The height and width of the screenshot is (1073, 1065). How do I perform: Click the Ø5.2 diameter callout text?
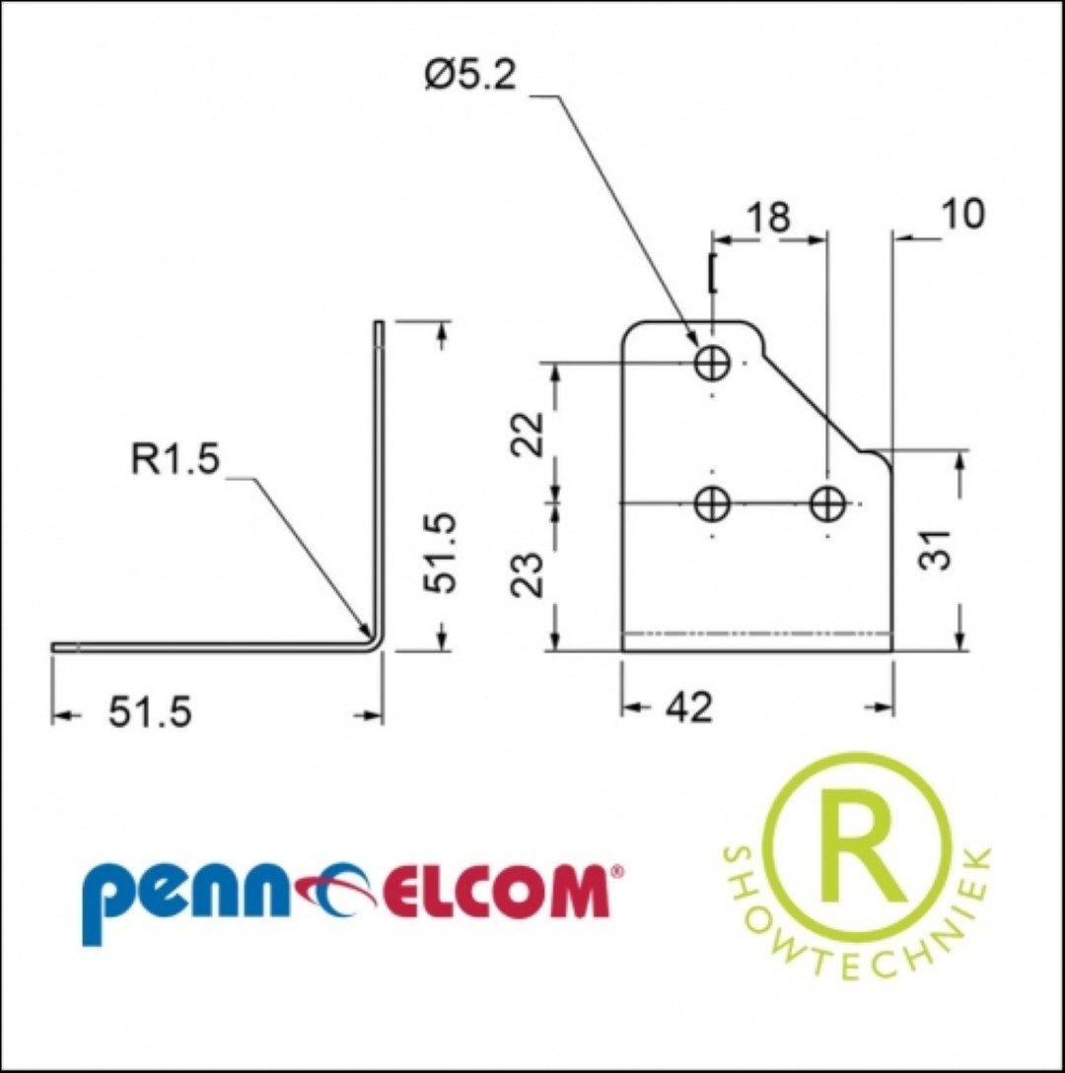(x=469, y=74)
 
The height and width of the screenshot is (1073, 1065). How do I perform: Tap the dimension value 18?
(x=768, y=217)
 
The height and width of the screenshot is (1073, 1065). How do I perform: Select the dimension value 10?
(x=962, y=214)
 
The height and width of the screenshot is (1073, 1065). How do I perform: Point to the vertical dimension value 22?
(x=529, y=434)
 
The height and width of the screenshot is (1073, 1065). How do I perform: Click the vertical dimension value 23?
(x=529, y=574)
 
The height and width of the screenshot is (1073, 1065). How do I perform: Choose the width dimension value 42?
(x=689, y=706)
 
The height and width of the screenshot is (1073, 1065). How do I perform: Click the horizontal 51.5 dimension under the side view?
(x=151, y=713)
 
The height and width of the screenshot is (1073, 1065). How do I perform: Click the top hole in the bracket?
(x=712, y=362)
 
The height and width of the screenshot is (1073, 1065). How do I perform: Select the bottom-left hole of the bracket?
(x=712, y=503)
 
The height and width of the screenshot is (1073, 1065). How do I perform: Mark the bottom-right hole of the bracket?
(x=827, y=503)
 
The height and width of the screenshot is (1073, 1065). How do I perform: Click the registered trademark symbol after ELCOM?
(x=616, y=872)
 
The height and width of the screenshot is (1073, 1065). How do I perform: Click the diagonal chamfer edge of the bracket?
(x=813, y=401)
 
